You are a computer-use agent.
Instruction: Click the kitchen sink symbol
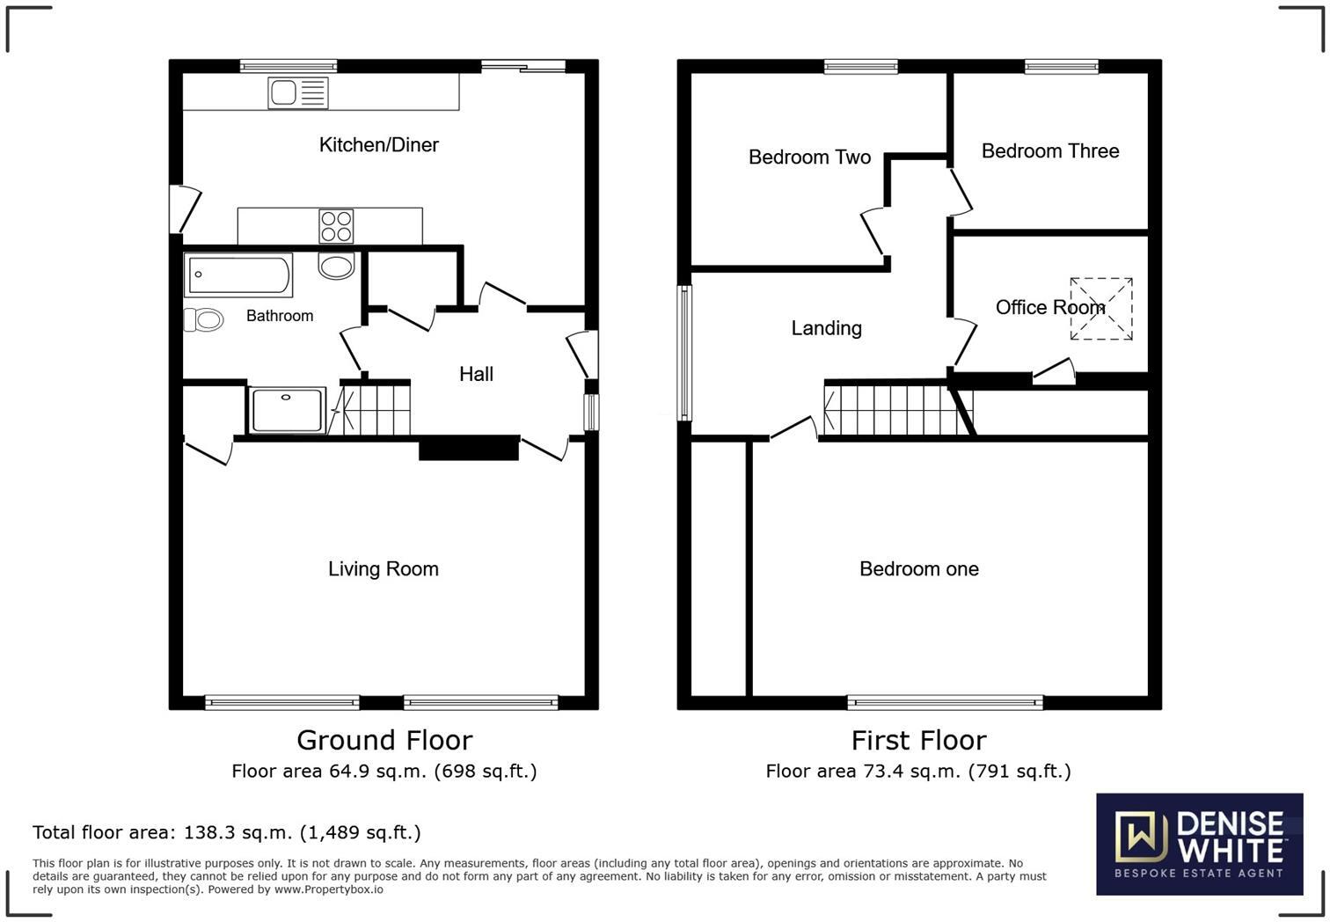pos(298,92)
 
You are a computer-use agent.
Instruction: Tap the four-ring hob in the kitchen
pos(336,226)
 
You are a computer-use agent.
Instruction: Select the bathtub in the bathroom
pos(237,275)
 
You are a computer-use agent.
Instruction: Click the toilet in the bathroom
pos(204,319)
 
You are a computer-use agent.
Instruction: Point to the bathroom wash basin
pos(336,266)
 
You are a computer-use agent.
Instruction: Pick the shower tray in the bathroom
pos(287,411)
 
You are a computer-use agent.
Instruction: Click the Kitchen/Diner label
pos(378,145)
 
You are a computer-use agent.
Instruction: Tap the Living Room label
pos(383,569)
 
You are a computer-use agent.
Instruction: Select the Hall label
pos(476,374)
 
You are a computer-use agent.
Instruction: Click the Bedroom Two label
pos(809,157)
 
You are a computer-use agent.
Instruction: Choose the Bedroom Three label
pos(1050,151)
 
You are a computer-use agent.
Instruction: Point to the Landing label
pos(826,328)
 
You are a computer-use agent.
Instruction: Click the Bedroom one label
pos(918,569)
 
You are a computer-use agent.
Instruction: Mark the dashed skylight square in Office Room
pos(1101,309)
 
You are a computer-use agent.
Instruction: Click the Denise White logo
pos(1199,844)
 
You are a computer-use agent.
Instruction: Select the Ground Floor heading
pos(384,740)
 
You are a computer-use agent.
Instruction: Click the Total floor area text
pos(226,832)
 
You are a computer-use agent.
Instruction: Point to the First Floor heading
pos(918,740)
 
